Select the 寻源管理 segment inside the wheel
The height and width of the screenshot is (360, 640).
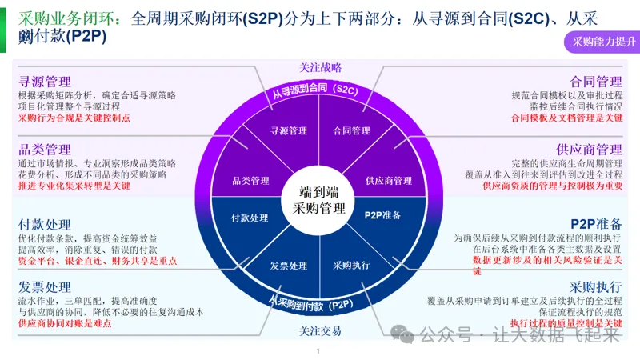click(x=289, y=130)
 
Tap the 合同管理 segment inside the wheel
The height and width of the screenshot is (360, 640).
click(x=351, y=130)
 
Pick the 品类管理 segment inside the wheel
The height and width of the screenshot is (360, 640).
click(x=250, y=181)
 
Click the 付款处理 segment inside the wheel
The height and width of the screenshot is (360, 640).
click(x=250, y=218)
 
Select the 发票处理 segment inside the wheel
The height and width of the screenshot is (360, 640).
click(x=289, y=266)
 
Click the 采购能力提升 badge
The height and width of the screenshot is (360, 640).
click(x=598, y=42)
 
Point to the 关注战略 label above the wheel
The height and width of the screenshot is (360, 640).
click(x=320, y=68)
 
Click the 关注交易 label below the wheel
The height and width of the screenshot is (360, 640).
click(x=320, y=331)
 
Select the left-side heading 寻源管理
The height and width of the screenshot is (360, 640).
click(x=45, y=82)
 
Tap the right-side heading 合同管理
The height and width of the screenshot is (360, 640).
click(x=596, y=82)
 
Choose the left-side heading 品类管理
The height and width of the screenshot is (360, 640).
click(x=45, y=150)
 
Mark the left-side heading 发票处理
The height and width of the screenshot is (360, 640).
click(x=45, y=287)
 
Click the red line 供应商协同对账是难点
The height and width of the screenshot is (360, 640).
click(x=64, y=324)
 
